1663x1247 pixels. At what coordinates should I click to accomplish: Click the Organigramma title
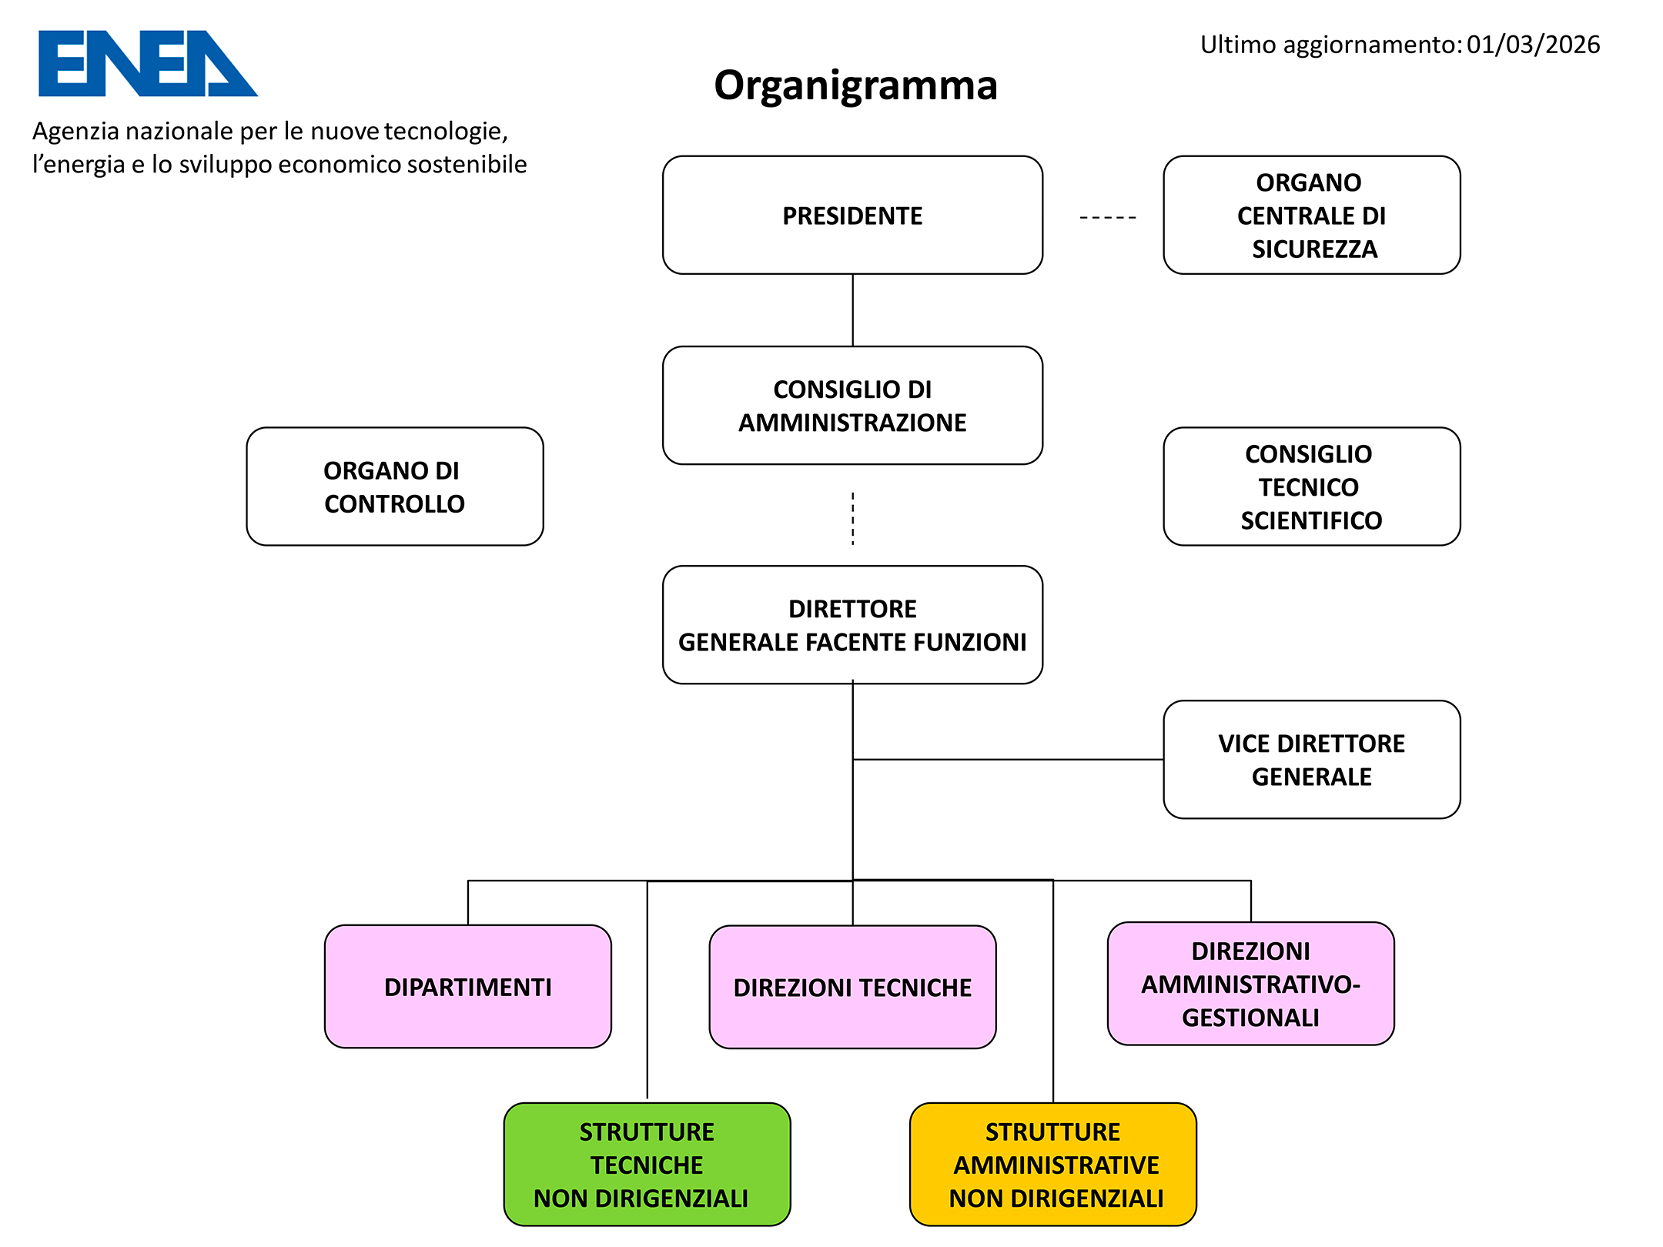(855, 85)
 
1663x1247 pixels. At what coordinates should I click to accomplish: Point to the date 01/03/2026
(1532, 45)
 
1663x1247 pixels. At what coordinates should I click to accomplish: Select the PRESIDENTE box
(852, 216)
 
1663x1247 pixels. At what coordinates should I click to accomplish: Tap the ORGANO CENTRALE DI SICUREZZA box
(1311, 216)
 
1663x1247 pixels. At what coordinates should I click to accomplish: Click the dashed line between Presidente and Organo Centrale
(1107, 218)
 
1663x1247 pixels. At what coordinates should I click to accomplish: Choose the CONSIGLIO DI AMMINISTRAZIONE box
(852, 406)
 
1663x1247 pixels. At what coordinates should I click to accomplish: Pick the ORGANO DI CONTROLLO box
(394, 486)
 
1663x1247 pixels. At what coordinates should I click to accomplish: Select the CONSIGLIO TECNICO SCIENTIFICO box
(1311, 486)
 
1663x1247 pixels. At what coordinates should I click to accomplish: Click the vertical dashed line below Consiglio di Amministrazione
(852, 518)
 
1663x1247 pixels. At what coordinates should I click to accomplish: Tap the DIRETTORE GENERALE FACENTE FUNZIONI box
(852, 625)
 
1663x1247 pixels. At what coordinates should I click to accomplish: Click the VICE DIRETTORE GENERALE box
(1311, 760)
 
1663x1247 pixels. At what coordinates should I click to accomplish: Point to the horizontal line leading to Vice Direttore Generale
(1009, 760)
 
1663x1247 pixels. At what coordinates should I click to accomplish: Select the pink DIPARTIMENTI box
(467, 987)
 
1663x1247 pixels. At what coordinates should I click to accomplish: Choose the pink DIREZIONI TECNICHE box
(852, 988)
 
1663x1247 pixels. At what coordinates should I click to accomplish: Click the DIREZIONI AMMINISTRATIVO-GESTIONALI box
(1250, 984)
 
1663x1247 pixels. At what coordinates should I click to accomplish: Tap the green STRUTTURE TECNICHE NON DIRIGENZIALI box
(647, 1165)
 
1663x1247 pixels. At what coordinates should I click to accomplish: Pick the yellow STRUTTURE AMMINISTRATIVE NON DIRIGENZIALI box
(1052, 1165)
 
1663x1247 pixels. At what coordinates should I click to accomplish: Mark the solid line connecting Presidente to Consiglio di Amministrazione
(852, 310)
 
